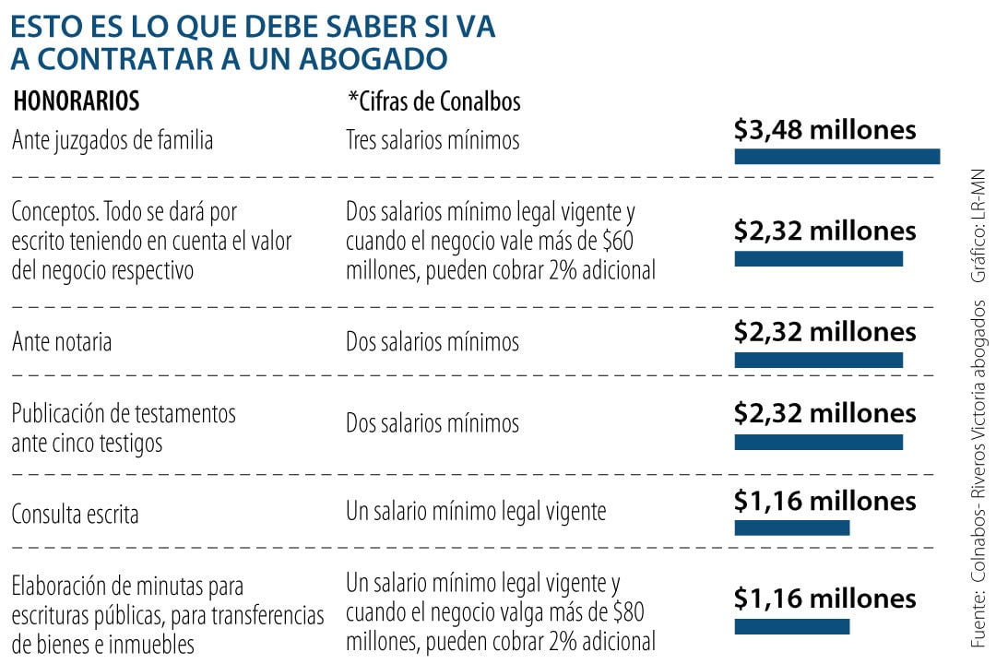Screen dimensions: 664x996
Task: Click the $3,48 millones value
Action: (824, 130)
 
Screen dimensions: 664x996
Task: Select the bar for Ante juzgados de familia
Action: (836, 156)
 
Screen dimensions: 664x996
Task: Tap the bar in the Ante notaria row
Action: (818, 359)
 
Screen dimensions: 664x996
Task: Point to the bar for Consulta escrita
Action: (791, 527)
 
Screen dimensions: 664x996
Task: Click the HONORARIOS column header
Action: (77, 101)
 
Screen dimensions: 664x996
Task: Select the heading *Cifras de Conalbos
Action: (433, 101)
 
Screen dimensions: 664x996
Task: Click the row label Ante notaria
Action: (62, 342)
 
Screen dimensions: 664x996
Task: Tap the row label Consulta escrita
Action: (75, 514)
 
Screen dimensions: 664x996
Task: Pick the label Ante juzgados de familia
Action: (113, 140)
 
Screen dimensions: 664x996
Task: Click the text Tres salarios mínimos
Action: (433, 140)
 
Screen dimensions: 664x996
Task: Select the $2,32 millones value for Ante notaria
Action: (824, 331)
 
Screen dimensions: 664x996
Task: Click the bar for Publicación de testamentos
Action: (818, 442)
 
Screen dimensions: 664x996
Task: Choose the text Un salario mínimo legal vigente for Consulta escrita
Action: (476, 510)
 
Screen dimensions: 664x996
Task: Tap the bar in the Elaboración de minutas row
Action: (791, 626)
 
